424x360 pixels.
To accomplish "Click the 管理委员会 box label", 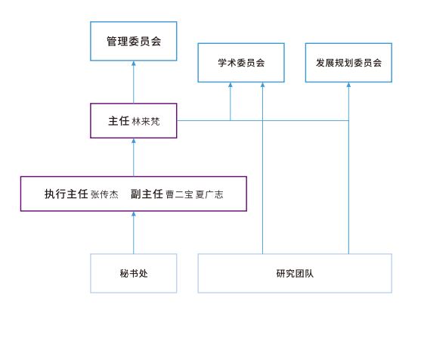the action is (x=134, y=42).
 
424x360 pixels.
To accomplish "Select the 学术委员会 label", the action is (x=241, y=63).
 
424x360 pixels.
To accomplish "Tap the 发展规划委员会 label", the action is (x=348, y=63).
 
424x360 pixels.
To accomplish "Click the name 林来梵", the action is (x=146, y=121).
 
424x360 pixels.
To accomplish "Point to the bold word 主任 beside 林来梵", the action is (x=119, y=121).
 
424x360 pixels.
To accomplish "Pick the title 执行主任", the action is (x=67, y=194).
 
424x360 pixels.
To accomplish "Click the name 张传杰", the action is (x=104, y=194).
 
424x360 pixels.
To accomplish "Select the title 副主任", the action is (x=147, y=194).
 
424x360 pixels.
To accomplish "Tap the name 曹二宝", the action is (x=179, y=194).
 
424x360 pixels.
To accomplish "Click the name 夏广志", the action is (x=209, y=194).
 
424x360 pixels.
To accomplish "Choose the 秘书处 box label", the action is (x=134, y=273).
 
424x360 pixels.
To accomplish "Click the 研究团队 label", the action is (x=295, y=273).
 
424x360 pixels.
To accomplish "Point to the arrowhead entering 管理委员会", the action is (x=134, y=63).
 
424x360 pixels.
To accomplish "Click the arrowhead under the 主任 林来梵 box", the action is (x=134, y=141).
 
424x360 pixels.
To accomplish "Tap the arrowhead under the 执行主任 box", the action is (x=134, y=214).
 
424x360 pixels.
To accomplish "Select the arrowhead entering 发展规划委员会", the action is (x=348, y=85).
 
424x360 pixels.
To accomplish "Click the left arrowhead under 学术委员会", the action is (x=231, y=85).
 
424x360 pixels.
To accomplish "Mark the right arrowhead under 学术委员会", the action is (x=262, y=85).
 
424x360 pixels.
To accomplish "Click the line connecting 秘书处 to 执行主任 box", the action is (x=134, y=233).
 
